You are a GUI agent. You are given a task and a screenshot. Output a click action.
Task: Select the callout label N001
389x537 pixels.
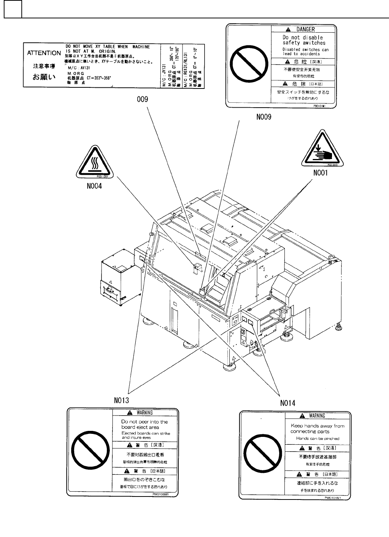tap(320, 172)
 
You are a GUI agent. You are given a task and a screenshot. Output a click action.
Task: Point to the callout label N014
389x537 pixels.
tap(287, 403)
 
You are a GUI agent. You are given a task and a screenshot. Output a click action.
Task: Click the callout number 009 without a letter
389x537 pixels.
tap(143, 99)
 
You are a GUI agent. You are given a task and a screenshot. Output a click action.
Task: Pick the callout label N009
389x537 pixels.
tap(263, 117)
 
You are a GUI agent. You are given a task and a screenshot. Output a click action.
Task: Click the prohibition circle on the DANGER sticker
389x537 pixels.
tap(248, 67)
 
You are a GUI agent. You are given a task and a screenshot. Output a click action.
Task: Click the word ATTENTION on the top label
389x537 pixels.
tap(44, 53)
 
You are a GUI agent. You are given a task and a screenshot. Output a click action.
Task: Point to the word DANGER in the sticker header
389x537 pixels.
tap(305, 29)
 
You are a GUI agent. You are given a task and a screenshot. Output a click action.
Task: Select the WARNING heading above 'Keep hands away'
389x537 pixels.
tap(317, 416)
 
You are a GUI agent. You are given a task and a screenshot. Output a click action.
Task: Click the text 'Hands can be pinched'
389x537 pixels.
tap(317, 438)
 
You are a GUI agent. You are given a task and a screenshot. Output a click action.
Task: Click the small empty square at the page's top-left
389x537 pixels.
tap(13, 9)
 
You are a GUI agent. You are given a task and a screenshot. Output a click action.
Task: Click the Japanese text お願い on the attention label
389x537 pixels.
tap(45, 78)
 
